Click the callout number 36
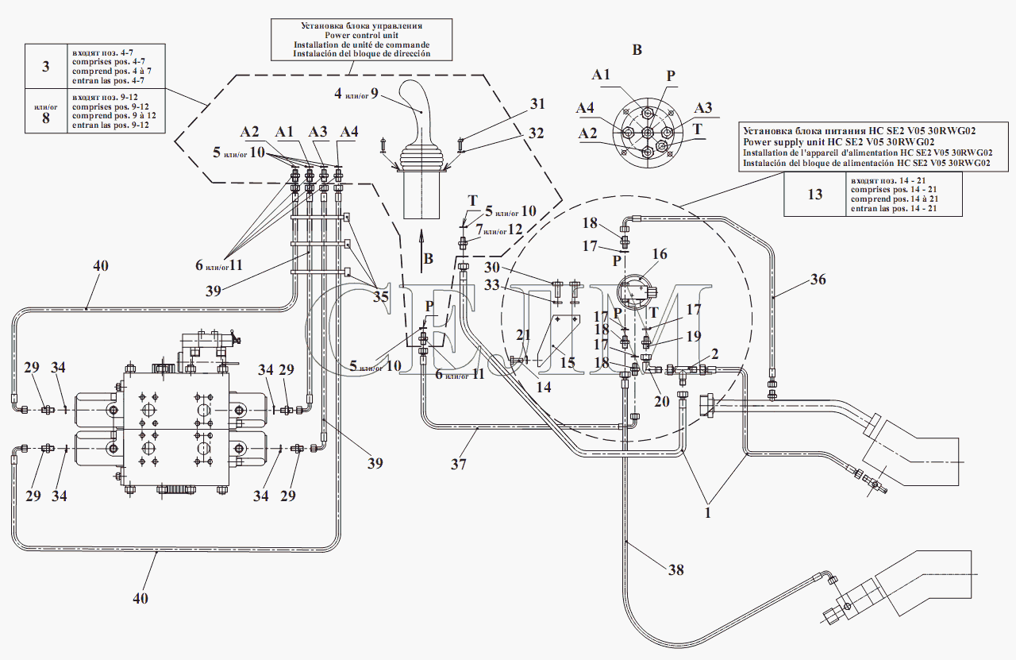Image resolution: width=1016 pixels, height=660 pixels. (818, 279)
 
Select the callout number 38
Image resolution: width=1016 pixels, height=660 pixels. (675, 569)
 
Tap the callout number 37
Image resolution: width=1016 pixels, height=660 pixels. (458, 465)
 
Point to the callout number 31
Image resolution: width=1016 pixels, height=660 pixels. (538, 104)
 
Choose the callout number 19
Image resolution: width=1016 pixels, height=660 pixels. (694, 336)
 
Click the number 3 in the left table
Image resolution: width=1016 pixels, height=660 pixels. (45, 66)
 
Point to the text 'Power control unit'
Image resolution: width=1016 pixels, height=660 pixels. (361, 35)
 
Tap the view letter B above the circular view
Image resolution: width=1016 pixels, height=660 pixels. (636, 50)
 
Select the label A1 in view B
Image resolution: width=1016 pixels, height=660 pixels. (601, 75)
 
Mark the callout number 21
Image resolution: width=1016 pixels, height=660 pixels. (522, 335)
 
